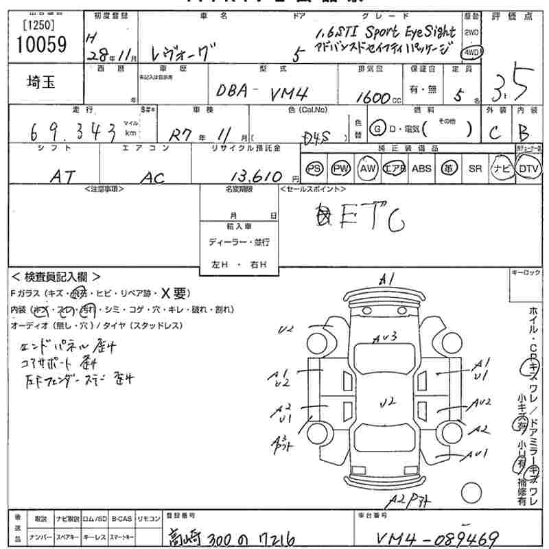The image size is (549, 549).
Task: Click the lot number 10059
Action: coord(39,46)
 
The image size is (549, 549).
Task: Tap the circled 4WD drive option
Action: coord(472,52)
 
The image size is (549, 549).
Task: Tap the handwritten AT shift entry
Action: coord(65,176)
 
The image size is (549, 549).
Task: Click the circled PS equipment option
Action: coord(314,168)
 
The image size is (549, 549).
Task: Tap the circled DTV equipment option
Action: coord(528,168)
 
